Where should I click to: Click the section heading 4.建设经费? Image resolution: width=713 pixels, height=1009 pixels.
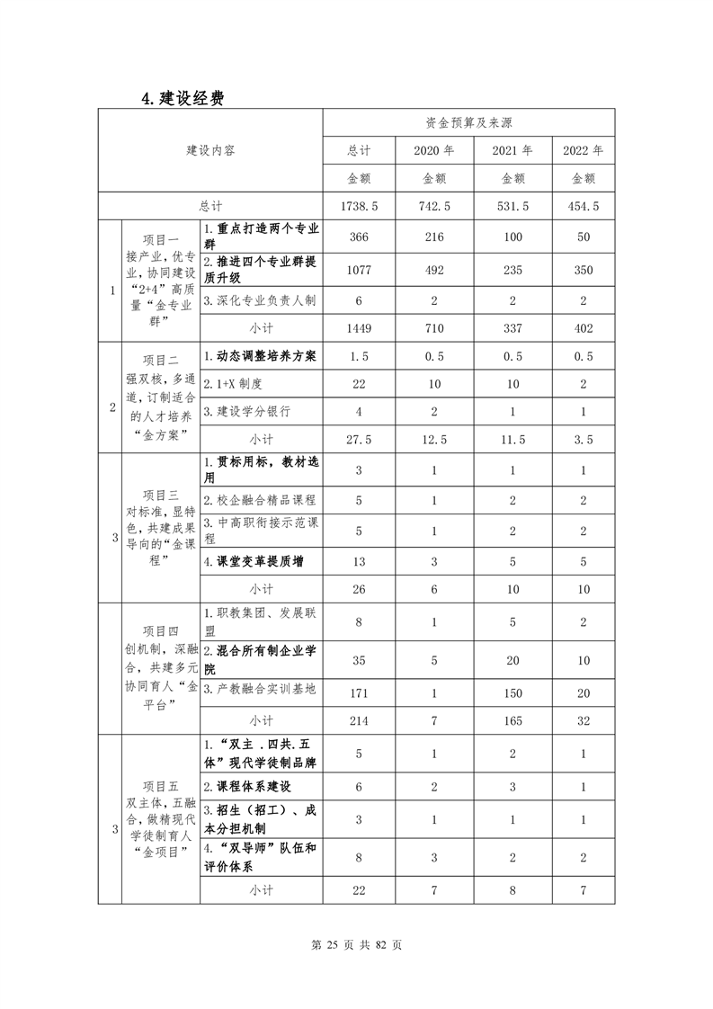pyautogui.click(x=182, y=98)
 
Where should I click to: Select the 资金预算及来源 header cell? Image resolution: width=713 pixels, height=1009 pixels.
pyautogui.click(x=468, y=122)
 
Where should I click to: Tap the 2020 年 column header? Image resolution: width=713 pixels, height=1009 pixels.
pyautogui.click(x=434, y=150)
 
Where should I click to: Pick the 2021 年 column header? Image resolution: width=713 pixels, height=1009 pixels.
pyautogui.click(x=512, y=150)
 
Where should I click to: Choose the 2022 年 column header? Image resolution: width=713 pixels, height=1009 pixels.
pyautogui.click(x=583, y=150)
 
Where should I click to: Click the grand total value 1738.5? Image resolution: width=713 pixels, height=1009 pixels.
pyautogui.click(x=359, y=206)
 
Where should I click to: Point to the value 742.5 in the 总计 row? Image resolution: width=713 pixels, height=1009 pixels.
pyautogui.click(x=434, y=206)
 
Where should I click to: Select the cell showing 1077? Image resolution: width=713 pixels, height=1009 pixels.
pyautogui.click(x=359, y=267)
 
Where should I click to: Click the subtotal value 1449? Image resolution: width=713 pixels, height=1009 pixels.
pyautogui.click(x=359, y=329)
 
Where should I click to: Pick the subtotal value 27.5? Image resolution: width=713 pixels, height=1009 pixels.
pyautogui.click(x=359, y=440)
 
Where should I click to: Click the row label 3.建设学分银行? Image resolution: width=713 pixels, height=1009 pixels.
pyautogui.click(x=247, y=412)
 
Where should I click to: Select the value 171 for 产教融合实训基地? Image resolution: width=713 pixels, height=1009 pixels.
pyautogui.click(x=359, y=691)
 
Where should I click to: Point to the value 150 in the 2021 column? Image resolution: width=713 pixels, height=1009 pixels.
pyautogui.click(x=512, y=691)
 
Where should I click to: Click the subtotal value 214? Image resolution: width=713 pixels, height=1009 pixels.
pyautogui.click(x=359, y=721)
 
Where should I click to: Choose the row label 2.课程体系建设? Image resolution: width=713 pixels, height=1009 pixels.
pyautogui.click(x=247, y=786)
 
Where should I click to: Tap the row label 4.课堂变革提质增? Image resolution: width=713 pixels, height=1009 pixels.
pyautogui.click(x=254, y=562)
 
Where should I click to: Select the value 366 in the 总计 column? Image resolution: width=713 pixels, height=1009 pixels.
pyautogui.click(x=359, y=236)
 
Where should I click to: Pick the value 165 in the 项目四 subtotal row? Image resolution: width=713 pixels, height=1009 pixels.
pyautogui.click(x=512, y=721)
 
